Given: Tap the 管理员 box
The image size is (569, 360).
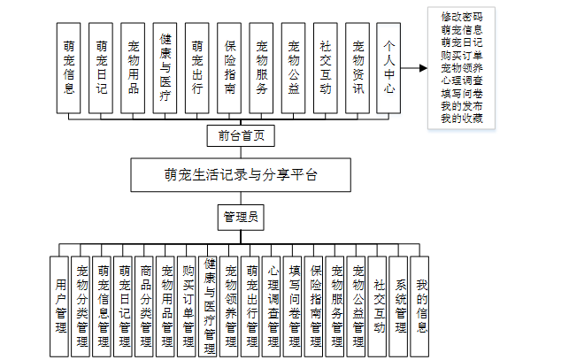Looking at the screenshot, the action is coord(240,215).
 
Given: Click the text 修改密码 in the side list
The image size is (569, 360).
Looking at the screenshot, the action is coord(461,16).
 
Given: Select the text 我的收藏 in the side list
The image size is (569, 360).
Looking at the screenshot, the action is coord(461,118).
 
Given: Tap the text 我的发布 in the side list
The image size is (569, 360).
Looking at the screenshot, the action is coord(461,105).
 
